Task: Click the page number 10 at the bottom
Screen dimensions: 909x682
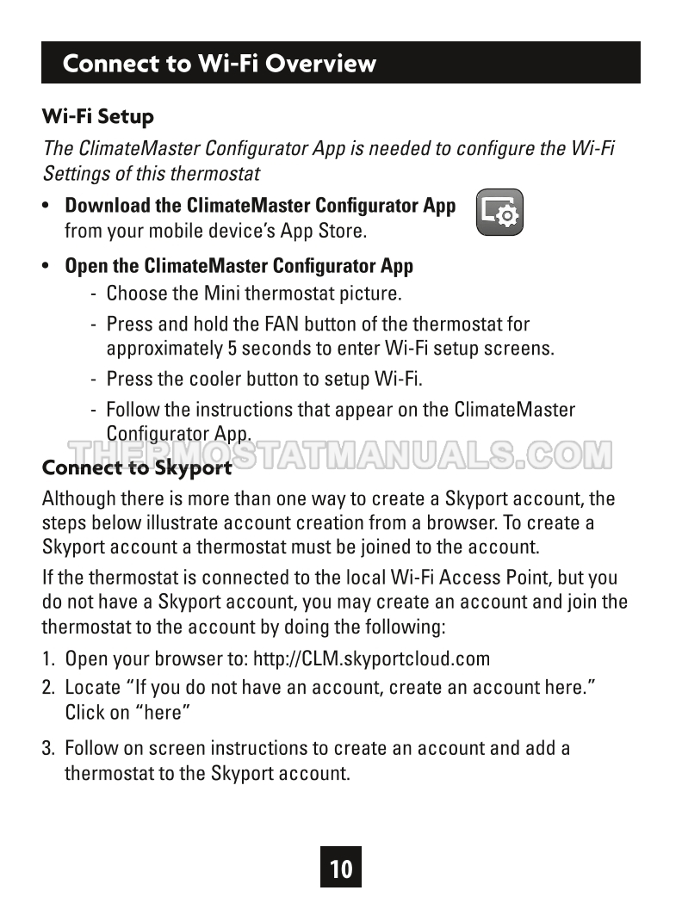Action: click(341, 868)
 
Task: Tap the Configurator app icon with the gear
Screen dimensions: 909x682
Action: click(499, 212)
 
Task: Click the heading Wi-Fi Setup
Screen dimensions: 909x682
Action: click(98, 116)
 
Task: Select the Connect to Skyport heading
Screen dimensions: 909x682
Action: click(137, 468)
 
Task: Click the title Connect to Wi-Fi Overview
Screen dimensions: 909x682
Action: click(220, 64)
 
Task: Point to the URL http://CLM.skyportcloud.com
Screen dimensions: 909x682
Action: click(371, 659)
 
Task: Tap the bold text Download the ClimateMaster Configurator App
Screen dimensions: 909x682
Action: click(260, 206)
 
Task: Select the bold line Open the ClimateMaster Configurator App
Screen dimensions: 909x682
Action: click(239, 266)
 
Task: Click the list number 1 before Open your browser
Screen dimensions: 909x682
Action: click(48, 659)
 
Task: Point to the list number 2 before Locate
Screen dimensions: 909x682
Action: click(48, 687)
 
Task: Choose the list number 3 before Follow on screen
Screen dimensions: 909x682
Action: click(48, 748)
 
